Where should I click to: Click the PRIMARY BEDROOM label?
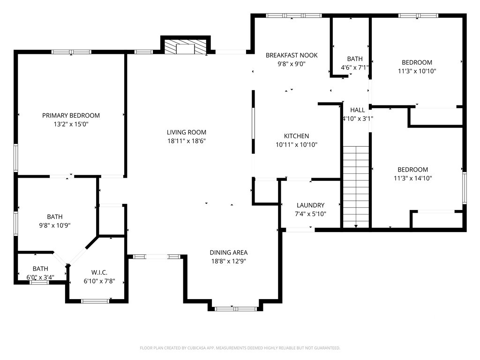click(71, 115)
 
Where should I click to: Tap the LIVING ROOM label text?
click(187, 132)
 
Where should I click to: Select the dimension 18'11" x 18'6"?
click(187, 141)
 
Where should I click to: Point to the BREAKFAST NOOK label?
click(292, 55)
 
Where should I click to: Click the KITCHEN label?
click(296, 136)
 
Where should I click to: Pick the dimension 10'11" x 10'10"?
click(296, 144)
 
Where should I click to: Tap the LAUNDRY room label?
click(310, 205)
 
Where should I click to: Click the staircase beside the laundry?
click(356, 187)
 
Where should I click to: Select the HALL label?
click(358, 110)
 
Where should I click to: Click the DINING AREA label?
click(229, 253)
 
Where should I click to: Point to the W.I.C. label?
click(99, 272)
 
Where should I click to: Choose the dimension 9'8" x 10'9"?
click(55, 225)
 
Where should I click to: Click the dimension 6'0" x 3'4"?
click(40, 277)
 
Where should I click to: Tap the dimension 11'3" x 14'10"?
click(412, 178)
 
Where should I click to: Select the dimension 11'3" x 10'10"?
click(417, 71)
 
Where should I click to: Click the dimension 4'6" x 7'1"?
click(355, 67)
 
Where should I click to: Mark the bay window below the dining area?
click(236, 308)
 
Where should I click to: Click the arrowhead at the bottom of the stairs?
click(356, 226)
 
